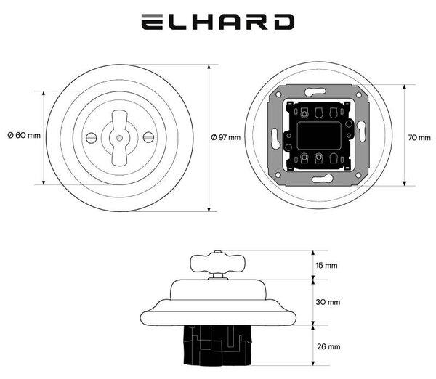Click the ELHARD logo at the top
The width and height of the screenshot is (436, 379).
[x=218, y=22]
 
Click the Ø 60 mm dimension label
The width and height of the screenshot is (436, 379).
[x=24, y=135]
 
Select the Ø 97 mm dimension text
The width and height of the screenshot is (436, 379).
[x=226, y=137]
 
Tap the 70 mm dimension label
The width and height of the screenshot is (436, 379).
[x=419, y=137]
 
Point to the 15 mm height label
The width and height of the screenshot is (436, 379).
[x=326, y=265]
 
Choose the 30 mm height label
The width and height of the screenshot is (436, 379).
[x=328, y=302]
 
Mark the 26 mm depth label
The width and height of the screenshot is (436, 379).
[x=328, y=346]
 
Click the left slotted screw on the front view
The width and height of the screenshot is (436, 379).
[x=91, y=137]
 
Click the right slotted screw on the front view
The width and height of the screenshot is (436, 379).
[x=148, y=137]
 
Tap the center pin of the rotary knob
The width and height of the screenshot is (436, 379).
[x=120, y=137]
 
